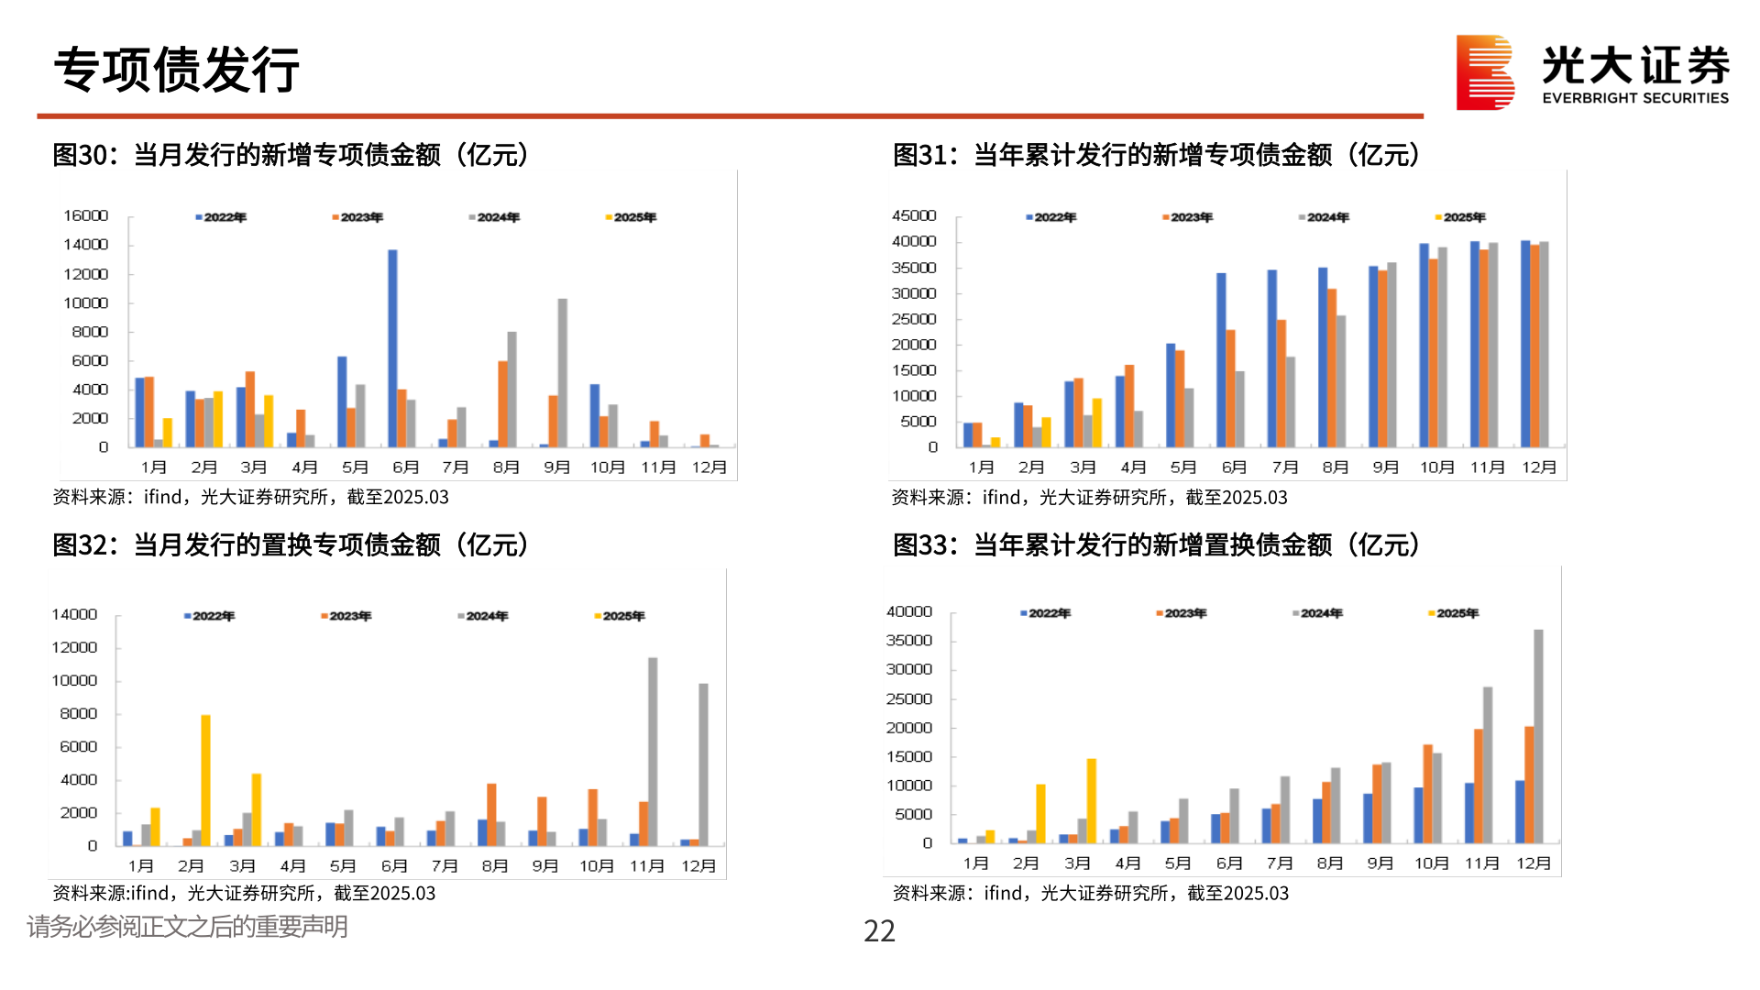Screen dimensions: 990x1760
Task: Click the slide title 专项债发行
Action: [177, 70]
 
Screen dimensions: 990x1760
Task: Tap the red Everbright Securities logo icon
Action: [1484, 72]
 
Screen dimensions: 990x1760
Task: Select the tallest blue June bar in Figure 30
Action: [392, 348]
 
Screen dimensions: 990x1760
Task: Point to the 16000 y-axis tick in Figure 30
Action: [86, 215]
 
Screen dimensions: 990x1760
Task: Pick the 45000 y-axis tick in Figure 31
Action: [914, 215]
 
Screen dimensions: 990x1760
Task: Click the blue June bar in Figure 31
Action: [1221, 359]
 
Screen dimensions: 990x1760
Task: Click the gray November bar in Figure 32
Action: [653, 751]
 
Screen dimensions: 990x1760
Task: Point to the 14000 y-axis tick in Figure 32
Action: [74, 614]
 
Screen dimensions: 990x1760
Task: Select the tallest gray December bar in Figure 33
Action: [1538, 736]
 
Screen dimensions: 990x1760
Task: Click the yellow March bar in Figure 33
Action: [1091, 800]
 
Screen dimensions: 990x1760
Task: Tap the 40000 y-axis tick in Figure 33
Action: [908, 611]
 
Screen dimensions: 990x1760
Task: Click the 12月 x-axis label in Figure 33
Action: [1534, 863]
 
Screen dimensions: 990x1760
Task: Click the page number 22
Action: [879, 931]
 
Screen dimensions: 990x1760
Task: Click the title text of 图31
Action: [1156, 155]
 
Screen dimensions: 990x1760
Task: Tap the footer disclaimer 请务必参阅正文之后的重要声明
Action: [187, 927]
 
